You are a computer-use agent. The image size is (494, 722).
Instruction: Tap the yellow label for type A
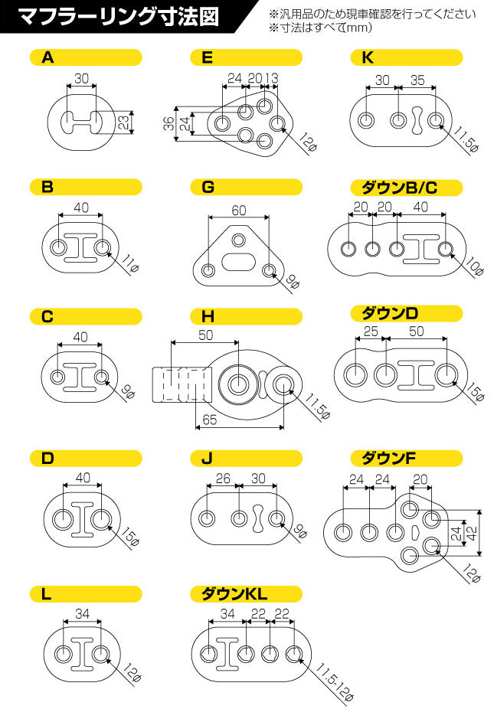coord(86,57)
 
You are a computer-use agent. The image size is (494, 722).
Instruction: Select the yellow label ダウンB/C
coord(406,188)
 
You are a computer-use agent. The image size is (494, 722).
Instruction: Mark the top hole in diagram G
coord(239,240)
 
